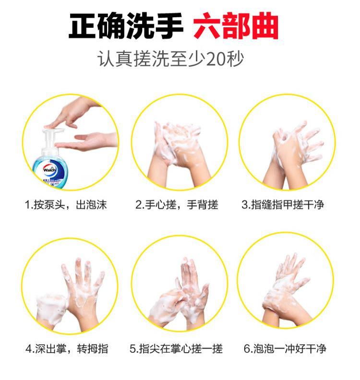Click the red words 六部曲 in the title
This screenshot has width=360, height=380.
click(236, 26)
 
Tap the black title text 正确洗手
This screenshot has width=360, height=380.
click(125, 26)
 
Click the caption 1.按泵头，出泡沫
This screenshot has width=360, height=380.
click(66, 205)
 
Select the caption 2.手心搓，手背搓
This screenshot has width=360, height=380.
click(177, 205)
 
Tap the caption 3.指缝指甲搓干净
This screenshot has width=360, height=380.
click(283, 205)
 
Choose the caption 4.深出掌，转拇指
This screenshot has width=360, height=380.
click(67, 349)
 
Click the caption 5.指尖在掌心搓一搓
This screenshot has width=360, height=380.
click(176, 349)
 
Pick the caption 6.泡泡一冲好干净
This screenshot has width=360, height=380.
click(285, 349)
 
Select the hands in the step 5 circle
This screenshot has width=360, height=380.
click(179, 295)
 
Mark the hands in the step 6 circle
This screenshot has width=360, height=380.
click(286, 291)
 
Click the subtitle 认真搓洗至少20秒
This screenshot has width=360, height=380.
click(170, 59)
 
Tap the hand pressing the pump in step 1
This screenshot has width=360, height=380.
click(73, 113)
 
